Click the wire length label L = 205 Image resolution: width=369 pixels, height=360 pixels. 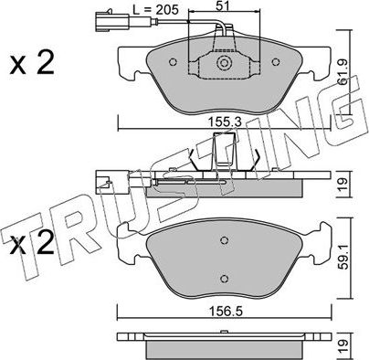(x=155, y=10)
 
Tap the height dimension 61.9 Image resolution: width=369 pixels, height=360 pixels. (x=343, y=71)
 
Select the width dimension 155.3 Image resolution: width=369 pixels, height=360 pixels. (x=225, y=122)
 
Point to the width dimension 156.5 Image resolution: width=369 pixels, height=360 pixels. (x=225, y=312)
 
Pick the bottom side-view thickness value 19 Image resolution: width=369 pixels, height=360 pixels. (x=343, y=346)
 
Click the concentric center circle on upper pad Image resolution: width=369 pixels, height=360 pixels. (x=224, y=63)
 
